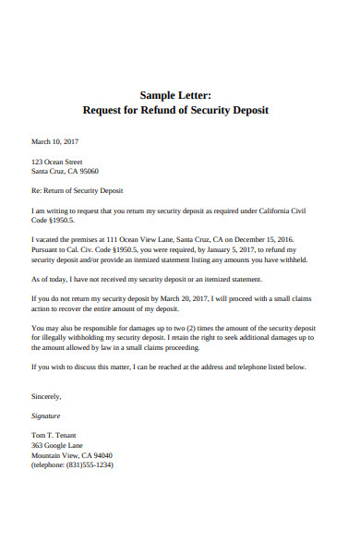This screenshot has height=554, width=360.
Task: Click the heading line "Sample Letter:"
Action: click(x=176, y=94)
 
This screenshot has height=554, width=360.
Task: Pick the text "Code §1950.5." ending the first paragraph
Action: click(x=54, y=222)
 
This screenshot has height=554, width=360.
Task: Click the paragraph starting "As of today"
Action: click(x=147, y=279)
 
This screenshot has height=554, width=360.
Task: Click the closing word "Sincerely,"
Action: click(x=47, y=397)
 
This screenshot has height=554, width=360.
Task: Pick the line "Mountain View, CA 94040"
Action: click(x=72, y=455)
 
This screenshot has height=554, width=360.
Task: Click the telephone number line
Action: click(x=73, y=465)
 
